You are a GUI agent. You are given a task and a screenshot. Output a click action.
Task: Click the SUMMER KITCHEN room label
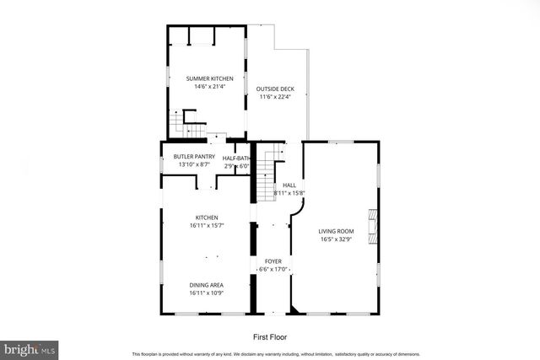point(209,78)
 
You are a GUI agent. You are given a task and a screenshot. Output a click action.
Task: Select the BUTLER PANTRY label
point(193,157)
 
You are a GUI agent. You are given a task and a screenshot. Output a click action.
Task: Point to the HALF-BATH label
point(237,159)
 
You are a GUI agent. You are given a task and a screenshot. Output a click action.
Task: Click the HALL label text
point(289,185)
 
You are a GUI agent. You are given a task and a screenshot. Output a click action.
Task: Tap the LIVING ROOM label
point(336,231)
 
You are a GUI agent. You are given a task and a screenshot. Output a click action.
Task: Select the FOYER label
point(273,261)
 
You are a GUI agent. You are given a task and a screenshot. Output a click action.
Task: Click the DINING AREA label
point(206,285)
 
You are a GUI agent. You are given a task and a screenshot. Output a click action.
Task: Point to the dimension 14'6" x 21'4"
point(209,87)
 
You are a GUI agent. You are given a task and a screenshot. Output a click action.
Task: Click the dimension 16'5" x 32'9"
point(336,239)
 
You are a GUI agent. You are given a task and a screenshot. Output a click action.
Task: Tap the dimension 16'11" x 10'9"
point(206,293)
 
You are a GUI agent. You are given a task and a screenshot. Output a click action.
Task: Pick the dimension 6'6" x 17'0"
point(273,270)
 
